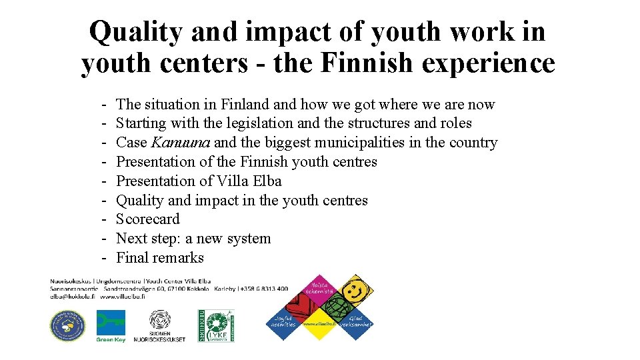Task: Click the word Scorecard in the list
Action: (148, 219)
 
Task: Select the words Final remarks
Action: (160, 258)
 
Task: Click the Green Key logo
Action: (111, 326)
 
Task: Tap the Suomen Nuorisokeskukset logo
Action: (159, 326)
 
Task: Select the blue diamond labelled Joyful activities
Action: (284, 322)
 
